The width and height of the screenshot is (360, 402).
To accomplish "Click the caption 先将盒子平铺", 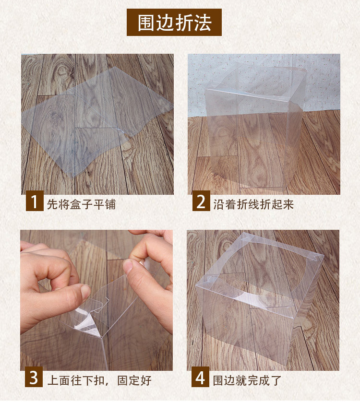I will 81,204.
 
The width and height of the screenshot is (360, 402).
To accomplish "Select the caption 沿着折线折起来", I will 253,204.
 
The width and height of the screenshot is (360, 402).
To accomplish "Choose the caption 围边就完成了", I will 247,380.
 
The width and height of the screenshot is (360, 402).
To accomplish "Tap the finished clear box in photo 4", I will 259,297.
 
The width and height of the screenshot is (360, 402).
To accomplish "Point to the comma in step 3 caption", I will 114,384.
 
